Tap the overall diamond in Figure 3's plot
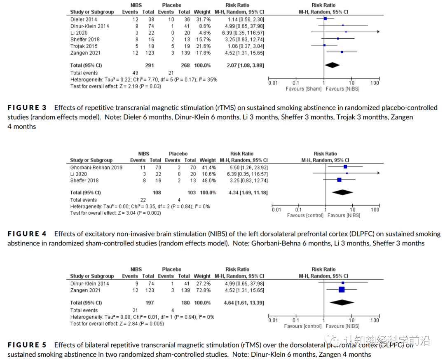tap(332, 65)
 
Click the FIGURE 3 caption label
tap(27, 108)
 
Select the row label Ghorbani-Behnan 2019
tap(96, 167)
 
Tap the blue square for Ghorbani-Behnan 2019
tap(345, 167)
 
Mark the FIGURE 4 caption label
tap(27, 234)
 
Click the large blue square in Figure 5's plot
tap(342, 290)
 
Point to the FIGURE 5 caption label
tap(27, 345)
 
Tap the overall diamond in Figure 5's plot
tap(342, 303)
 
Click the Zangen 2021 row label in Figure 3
tap(85, 53)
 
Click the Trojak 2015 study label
tap(84, 46)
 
